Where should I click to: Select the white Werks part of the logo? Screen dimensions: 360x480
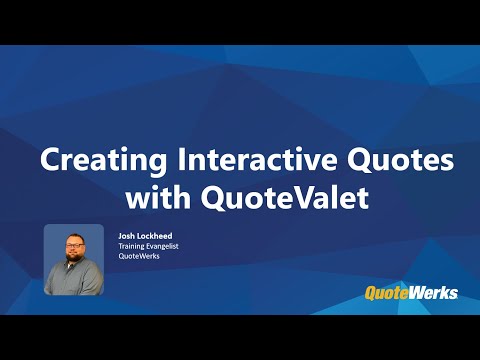pyautogui.click(x=438, y=292)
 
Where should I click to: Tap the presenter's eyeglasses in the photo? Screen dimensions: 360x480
pyautogui.click(x=73, y=247)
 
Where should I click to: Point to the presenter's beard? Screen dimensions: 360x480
pyautogui.click(x=73, y=262)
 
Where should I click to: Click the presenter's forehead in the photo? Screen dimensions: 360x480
pyautogui.click(x=73, y=239)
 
